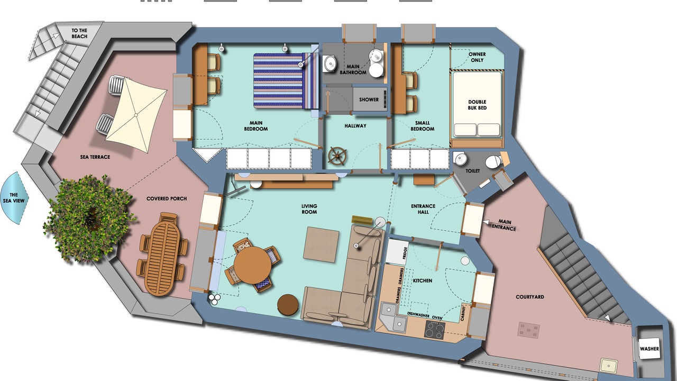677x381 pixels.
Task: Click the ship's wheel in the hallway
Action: (337, 156)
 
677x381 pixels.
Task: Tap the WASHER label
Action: (649, 349)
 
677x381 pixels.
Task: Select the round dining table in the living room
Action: (253, 265)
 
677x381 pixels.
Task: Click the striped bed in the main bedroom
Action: (286, 81)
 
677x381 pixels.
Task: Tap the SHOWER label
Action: (369, 99)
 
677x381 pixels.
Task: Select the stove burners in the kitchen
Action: (434, 330)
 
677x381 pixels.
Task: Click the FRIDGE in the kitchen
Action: (397, 252)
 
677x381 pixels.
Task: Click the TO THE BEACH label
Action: (79, 33)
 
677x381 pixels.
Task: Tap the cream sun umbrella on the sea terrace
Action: (136, 115)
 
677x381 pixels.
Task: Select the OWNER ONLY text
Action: (477, 57)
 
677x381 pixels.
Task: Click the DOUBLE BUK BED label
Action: (477, 105)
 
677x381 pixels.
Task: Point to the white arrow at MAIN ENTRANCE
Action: (486, 222)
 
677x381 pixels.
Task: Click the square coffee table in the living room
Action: (321, 244)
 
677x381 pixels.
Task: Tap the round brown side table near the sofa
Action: (288, 305)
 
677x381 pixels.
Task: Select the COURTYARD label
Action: (530, 297)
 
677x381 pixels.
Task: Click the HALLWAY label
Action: (355, 125)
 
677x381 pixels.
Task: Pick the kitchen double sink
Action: (394, 317)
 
